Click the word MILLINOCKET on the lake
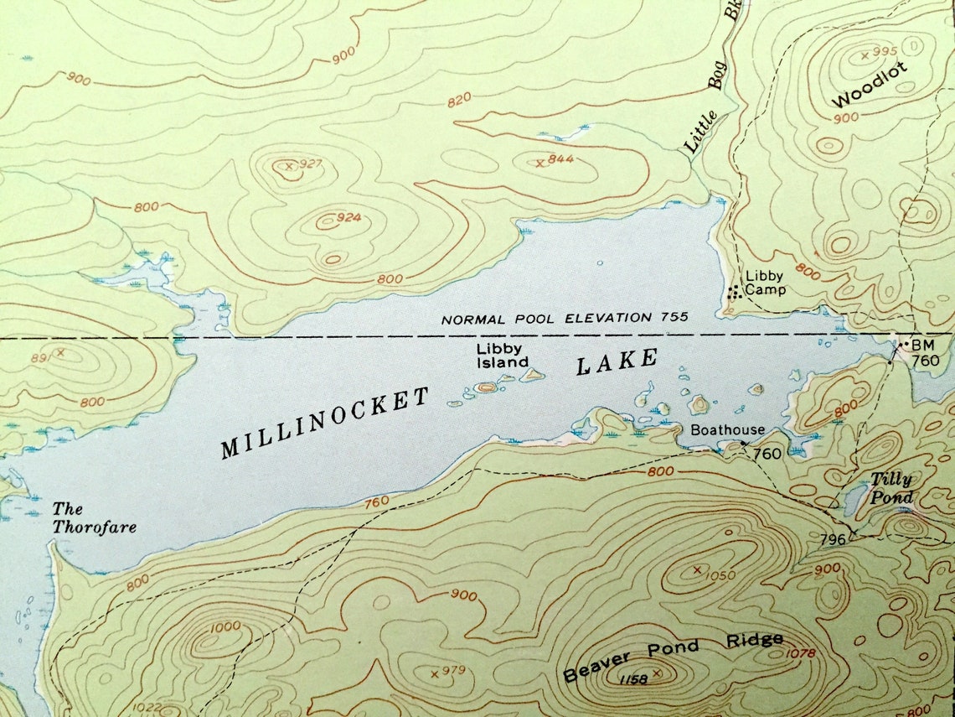click(x=325, y=423)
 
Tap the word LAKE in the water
click(x=617, y=363)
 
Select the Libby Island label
click(x=502, y=356)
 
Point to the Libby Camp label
click(x=765, y=283)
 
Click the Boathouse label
click(x=727, y=430)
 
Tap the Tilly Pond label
click(x=890, y=488)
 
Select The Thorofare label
click(x=94, y=517)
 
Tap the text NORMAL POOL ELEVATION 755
click(x=565, y=318)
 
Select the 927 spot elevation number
click(x=310, y=164)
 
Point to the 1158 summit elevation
click(x=634, y=679)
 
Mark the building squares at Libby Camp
click(x=734, y=292)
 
